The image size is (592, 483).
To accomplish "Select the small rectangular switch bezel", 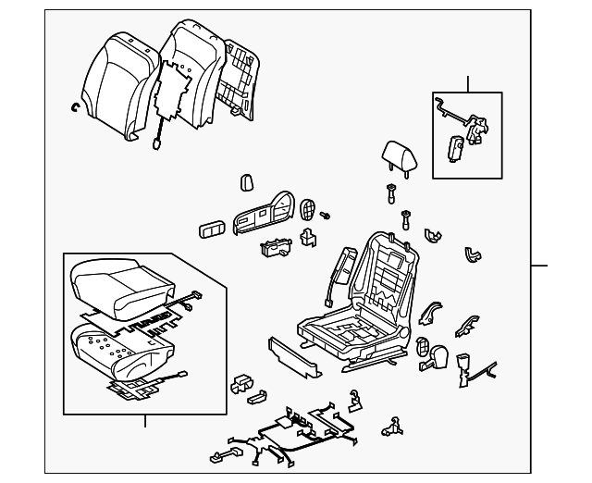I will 211,229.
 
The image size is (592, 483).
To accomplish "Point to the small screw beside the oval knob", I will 326,216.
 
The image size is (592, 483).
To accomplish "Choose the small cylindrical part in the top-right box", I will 456,146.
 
